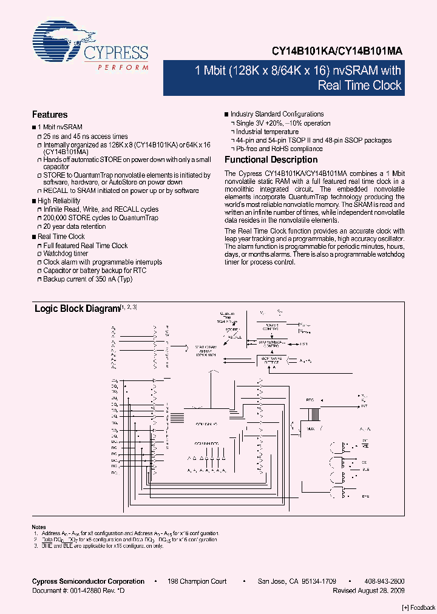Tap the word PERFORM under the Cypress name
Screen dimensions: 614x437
(x=123, y=67)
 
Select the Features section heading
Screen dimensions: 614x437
(x=50, y=115)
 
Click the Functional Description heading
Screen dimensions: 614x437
(x=271, y=160)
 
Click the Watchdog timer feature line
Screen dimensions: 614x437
(x=66, y=254)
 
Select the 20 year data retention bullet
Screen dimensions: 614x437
(x=74, y=226)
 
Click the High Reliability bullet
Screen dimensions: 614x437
(x=59, y=201)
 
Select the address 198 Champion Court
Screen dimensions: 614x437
(x=197, y=581)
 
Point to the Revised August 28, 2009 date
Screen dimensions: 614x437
(x=369, y=590)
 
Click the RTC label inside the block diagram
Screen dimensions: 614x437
(x=310, y=400)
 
